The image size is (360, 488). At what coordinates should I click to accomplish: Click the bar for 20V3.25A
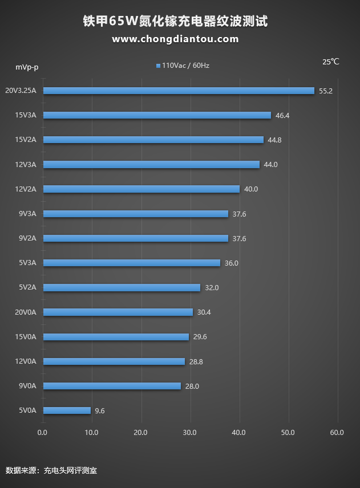pos(179,91)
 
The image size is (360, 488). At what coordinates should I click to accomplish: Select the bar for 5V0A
pos(67,410)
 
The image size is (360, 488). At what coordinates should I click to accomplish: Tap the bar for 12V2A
pos(141,189)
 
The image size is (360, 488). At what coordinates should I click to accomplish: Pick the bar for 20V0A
pos(118,312)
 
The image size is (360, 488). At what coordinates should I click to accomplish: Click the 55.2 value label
pos(326,91)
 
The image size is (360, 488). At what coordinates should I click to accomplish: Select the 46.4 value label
pos(282,115)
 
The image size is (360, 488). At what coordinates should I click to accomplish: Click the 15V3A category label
pos(26,115)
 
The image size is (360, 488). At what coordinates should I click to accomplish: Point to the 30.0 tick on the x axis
pos(190,433)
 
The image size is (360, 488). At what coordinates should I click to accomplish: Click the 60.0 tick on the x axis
pos(337,433)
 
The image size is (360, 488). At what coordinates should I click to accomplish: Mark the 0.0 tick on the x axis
pos(43,433)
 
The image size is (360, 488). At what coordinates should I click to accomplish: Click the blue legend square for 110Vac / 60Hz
pos(158,66)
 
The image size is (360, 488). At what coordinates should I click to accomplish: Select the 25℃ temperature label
pos(331,62)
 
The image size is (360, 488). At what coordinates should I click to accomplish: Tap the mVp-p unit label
pos(27,67)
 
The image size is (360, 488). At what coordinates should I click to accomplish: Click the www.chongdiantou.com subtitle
pos(175,39)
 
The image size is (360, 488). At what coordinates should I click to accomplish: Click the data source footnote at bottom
pos(51,471)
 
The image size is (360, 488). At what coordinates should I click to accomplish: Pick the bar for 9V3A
pos(136,214)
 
